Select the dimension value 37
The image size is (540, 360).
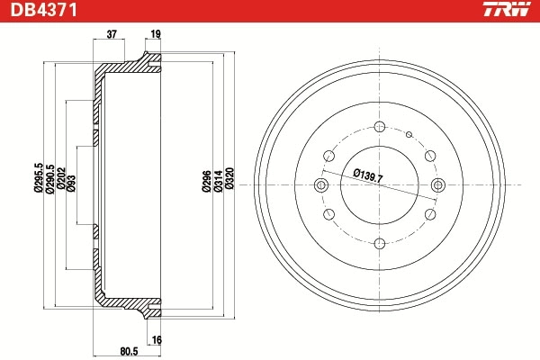[112, 35]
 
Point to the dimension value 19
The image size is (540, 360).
[156, 35]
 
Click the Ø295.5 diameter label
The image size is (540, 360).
[38, 178]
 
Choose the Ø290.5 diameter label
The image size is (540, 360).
[49, 178]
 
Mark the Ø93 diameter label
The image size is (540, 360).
[71, 184]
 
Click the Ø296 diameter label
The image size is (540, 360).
[206, 183]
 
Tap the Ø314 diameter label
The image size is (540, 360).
[218, 183]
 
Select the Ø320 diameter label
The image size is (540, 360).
[229, 183]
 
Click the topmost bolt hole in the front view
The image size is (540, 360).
[379, 127]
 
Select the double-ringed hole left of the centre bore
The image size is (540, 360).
[321, 185]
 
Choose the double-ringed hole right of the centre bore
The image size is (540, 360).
[437, 185]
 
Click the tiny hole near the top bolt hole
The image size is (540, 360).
[409, 136]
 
